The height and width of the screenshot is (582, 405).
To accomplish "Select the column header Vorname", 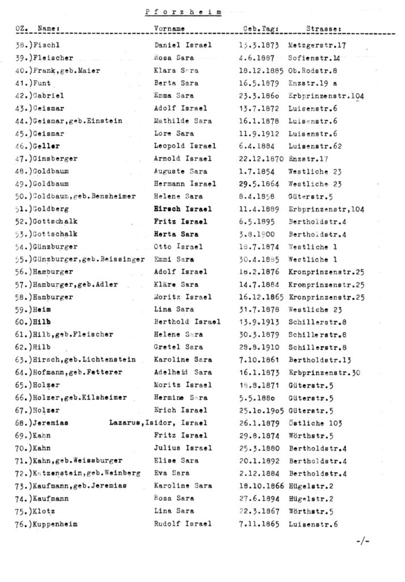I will click(169, 27).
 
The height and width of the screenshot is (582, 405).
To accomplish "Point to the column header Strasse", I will click(323, 27).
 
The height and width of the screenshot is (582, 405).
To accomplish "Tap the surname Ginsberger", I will click(53, 159).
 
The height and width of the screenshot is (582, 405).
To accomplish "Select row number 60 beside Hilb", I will click(23, 322).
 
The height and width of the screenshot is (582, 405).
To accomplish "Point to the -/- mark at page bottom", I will click(364, 542).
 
